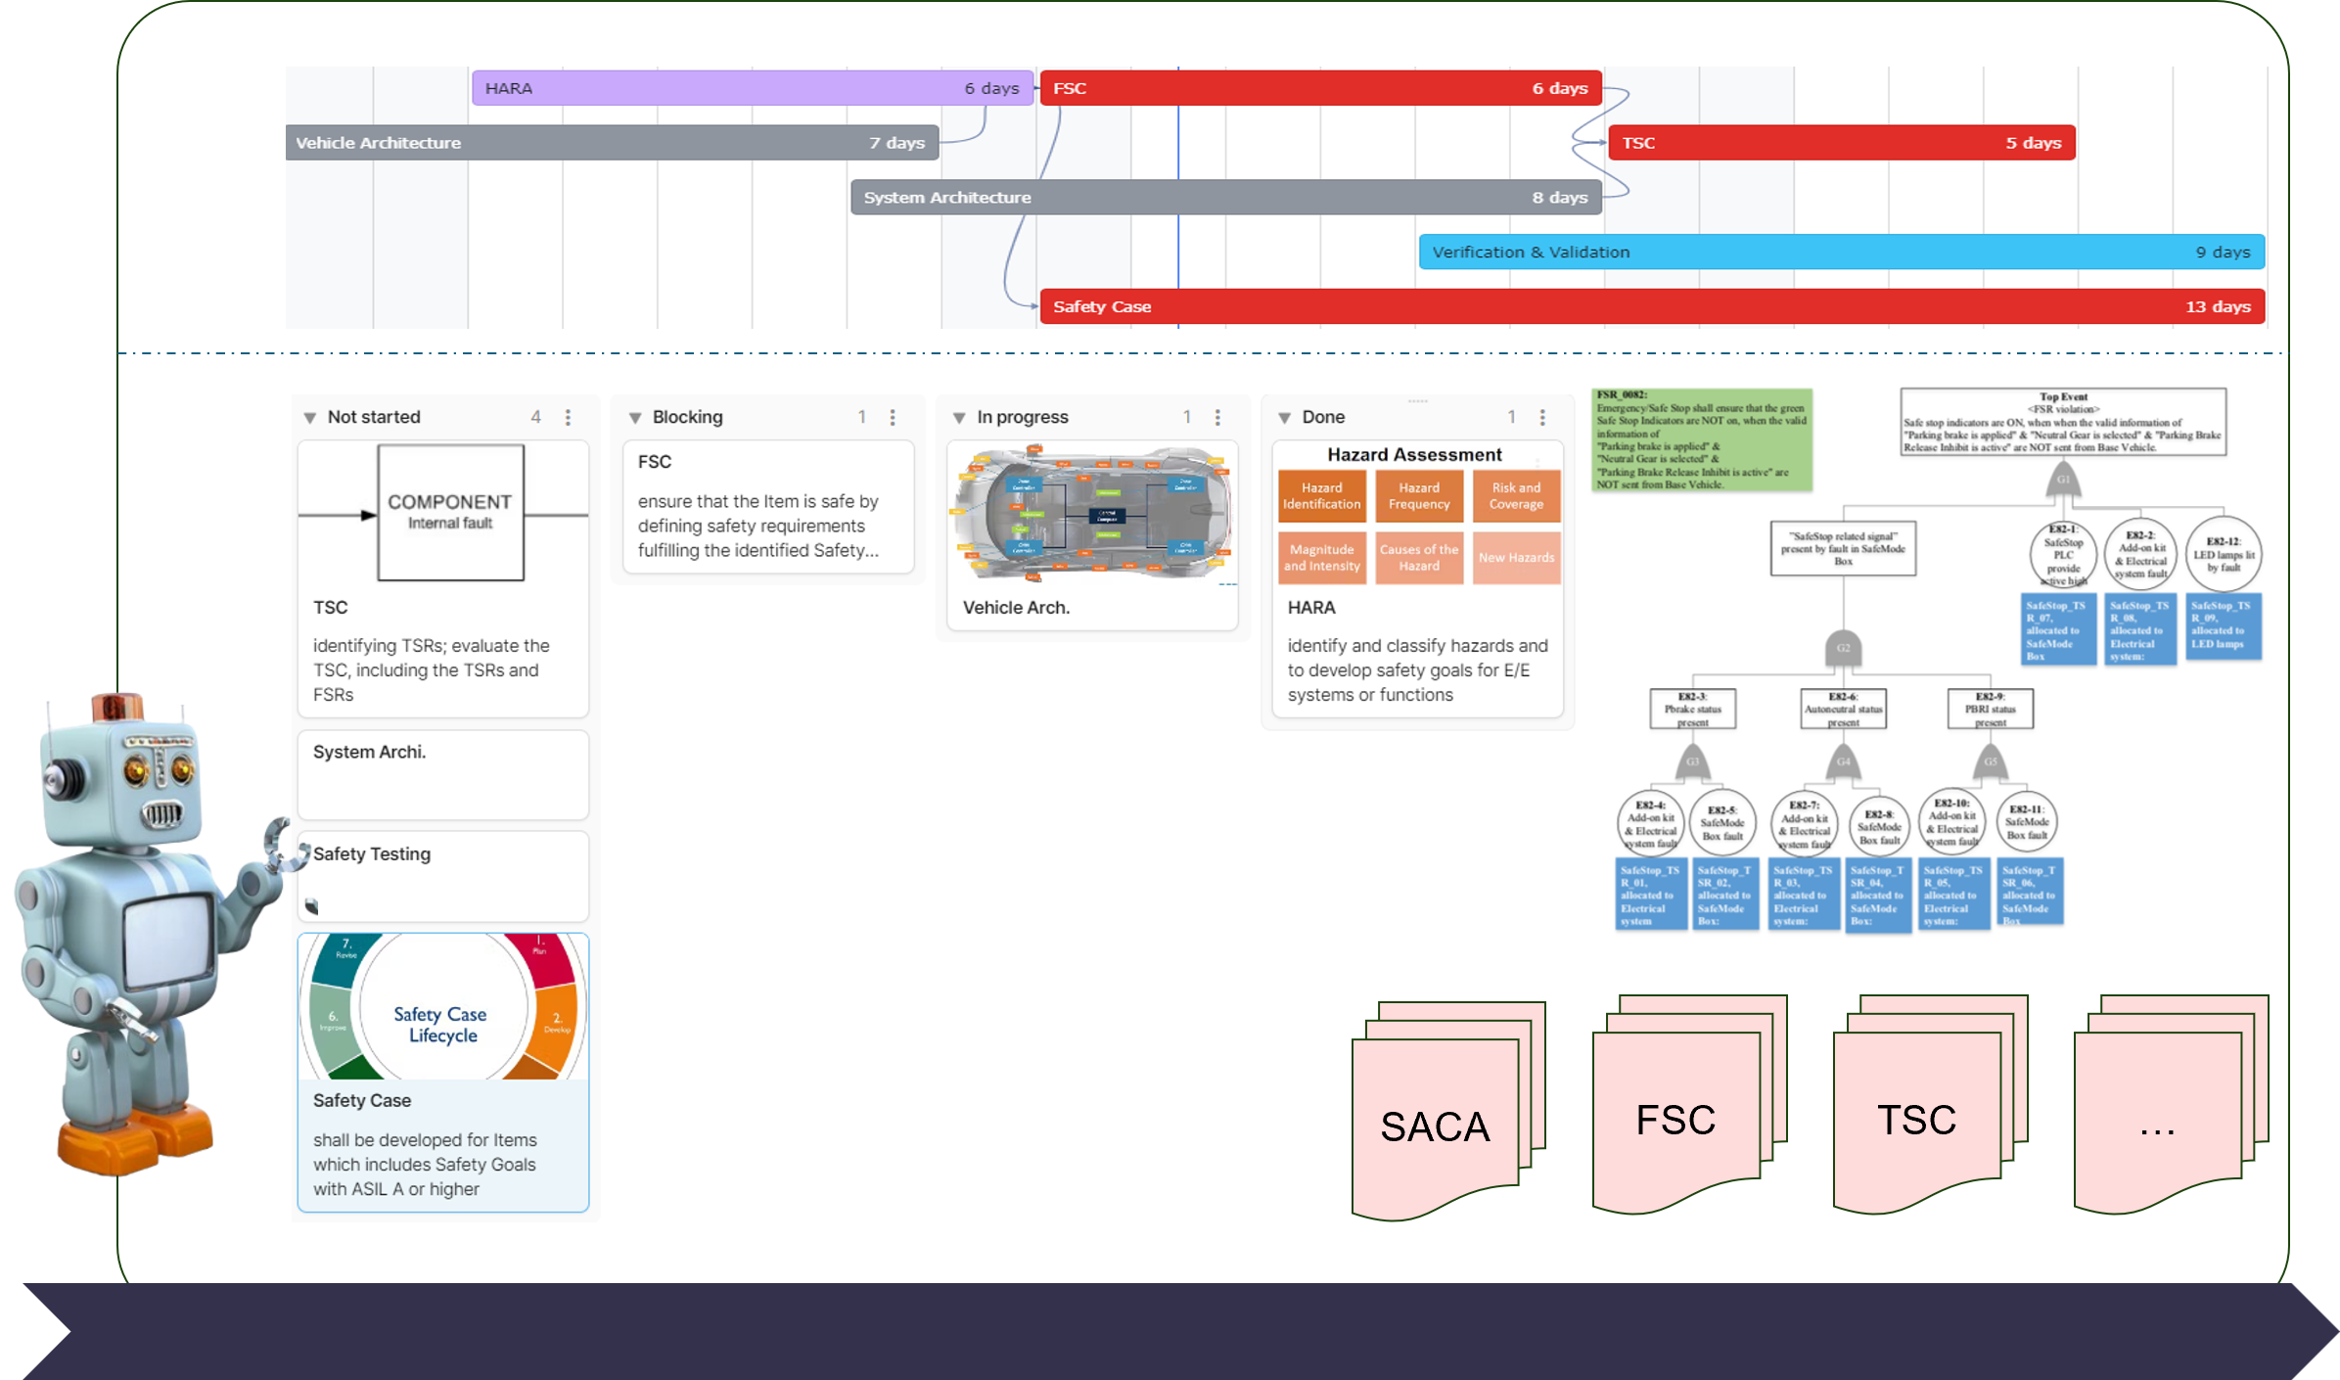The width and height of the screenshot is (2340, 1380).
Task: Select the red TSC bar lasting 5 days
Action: [1841, 143]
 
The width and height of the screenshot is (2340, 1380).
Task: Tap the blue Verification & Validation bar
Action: [1841, 253]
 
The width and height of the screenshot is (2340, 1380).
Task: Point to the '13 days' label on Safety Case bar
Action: [2218, 307]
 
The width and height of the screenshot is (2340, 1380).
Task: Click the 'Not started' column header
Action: [374, 417]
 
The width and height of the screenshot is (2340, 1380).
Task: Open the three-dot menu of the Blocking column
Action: [893, 417]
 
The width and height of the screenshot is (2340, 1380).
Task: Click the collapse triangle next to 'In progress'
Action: [959, 418]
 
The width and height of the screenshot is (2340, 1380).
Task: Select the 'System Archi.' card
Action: [442, 774]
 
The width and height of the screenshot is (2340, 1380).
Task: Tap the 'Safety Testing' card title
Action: [372, 854]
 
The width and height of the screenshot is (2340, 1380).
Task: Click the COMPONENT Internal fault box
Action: [450, 512]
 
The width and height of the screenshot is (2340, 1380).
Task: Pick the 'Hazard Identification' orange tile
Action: [1321, 496]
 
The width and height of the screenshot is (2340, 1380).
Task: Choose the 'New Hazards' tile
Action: [1516, 558]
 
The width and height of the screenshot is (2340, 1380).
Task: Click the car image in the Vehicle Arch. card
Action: [1092, 514]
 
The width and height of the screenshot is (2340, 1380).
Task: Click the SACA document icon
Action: [1435, 1126]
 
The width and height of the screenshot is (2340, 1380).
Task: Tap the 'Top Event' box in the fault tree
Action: [2063, 422]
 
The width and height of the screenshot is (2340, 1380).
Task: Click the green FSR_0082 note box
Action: [1701, 439]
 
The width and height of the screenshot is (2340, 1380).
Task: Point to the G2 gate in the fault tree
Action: [1843, 648]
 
